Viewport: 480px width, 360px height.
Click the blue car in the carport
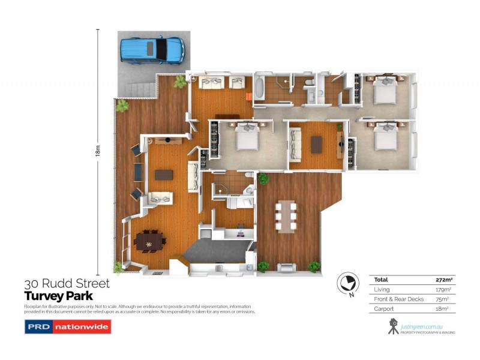(151, 50)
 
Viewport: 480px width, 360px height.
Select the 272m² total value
(443, 280)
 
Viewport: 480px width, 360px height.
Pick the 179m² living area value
(443, 289)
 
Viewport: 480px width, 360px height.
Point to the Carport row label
(383, 308)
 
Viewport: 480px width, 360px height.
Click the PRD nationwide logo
(67, 328)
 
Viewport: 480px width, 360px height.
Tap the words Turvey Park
(58, 296)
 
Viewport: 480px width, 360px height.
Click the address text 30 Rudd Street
(67, 284)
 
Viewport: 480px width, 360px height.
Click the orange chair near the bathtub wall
(248, 96)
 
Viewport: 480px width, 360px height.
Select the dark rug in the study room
(317, 143)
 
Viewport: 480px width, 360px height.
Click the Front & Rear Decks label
(399, 299)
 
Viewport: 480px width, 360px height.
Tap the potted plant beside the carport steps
(122, 106)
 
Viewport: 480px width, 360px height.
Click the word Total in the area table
(381, 280)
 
